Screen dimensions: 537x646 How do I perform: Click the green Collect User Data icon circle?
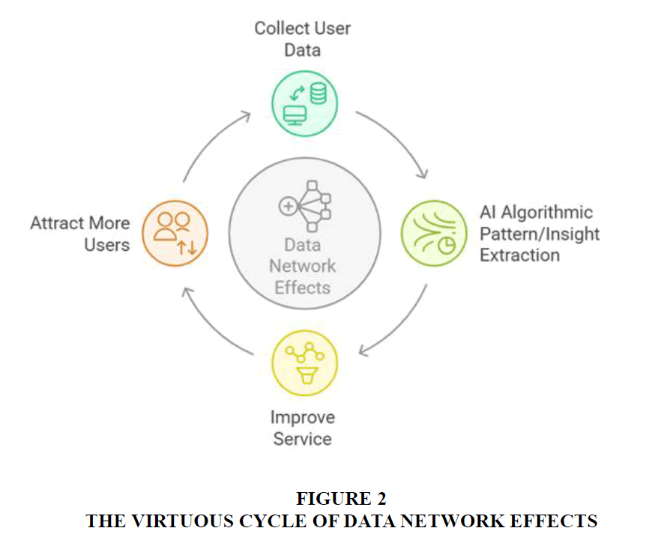(303, 103)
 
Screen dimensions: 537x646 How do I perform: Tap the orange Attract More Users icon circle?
(175, 233)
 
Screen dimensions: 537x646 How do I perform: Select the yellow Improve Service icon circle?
(304, 363)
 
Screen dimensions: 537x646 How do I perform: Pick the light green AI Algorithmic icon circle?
(433, 233)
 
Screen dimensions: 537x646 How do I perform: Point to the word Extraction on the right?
(519, 255)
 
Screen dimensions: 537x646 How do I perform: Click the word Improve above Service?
(303, 417)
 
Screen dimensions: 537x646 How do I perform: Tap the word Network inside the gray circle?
(303, 266)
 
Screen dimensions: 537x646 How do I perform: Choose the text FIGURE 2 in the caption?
(341, 500)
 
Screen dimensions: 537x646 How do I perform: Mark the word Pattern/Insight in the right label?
(540, 234)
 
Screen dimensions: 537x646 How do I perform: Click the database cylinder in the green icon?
(318, 94)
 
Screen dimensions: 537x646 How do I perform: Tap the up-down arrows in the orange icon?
(187, 248)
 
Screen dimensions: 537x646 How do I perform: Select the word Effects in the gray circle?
(303, 287)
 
